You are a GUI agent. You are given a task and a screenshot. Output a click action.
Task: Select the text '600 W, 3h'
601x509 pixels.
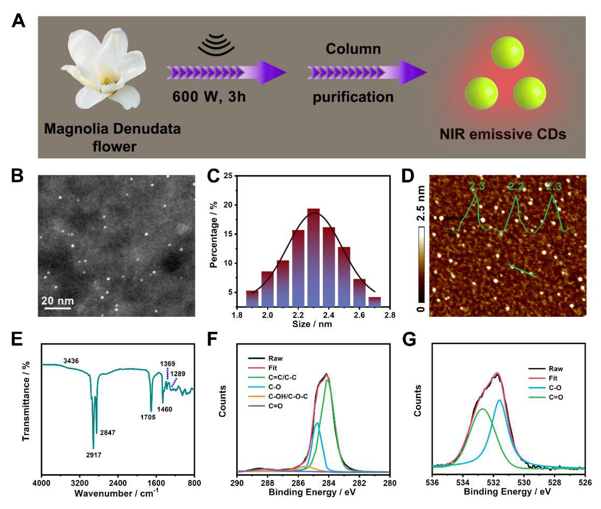[x=209, y=97]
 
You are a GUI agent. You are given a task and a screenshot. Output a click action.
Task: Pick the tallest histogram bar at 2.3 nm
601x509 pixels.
[x=313, y=257]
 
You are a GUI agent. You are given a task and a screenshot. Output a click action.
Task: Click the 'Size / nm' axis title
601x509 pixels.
[x=312, y=324]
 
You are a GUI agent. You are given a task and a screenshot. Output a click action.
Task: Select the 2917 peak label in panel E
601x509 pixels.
[x=94, y=455]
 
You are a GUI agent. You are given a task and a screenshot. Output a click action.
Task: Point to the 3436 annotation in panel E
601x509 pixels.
[x=71, y=361]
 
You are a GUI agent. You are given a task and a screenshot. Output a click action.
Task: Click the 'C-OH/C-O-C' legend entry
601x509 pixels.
[x=288, y=396]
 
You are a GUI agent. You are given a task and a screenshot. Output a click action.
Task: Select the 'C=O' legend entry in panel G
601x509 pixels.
[x=556, y=397]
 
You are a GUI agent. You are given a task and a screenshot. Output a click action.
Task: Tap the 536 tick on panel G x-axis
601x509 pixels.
[x=432, y=483]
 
